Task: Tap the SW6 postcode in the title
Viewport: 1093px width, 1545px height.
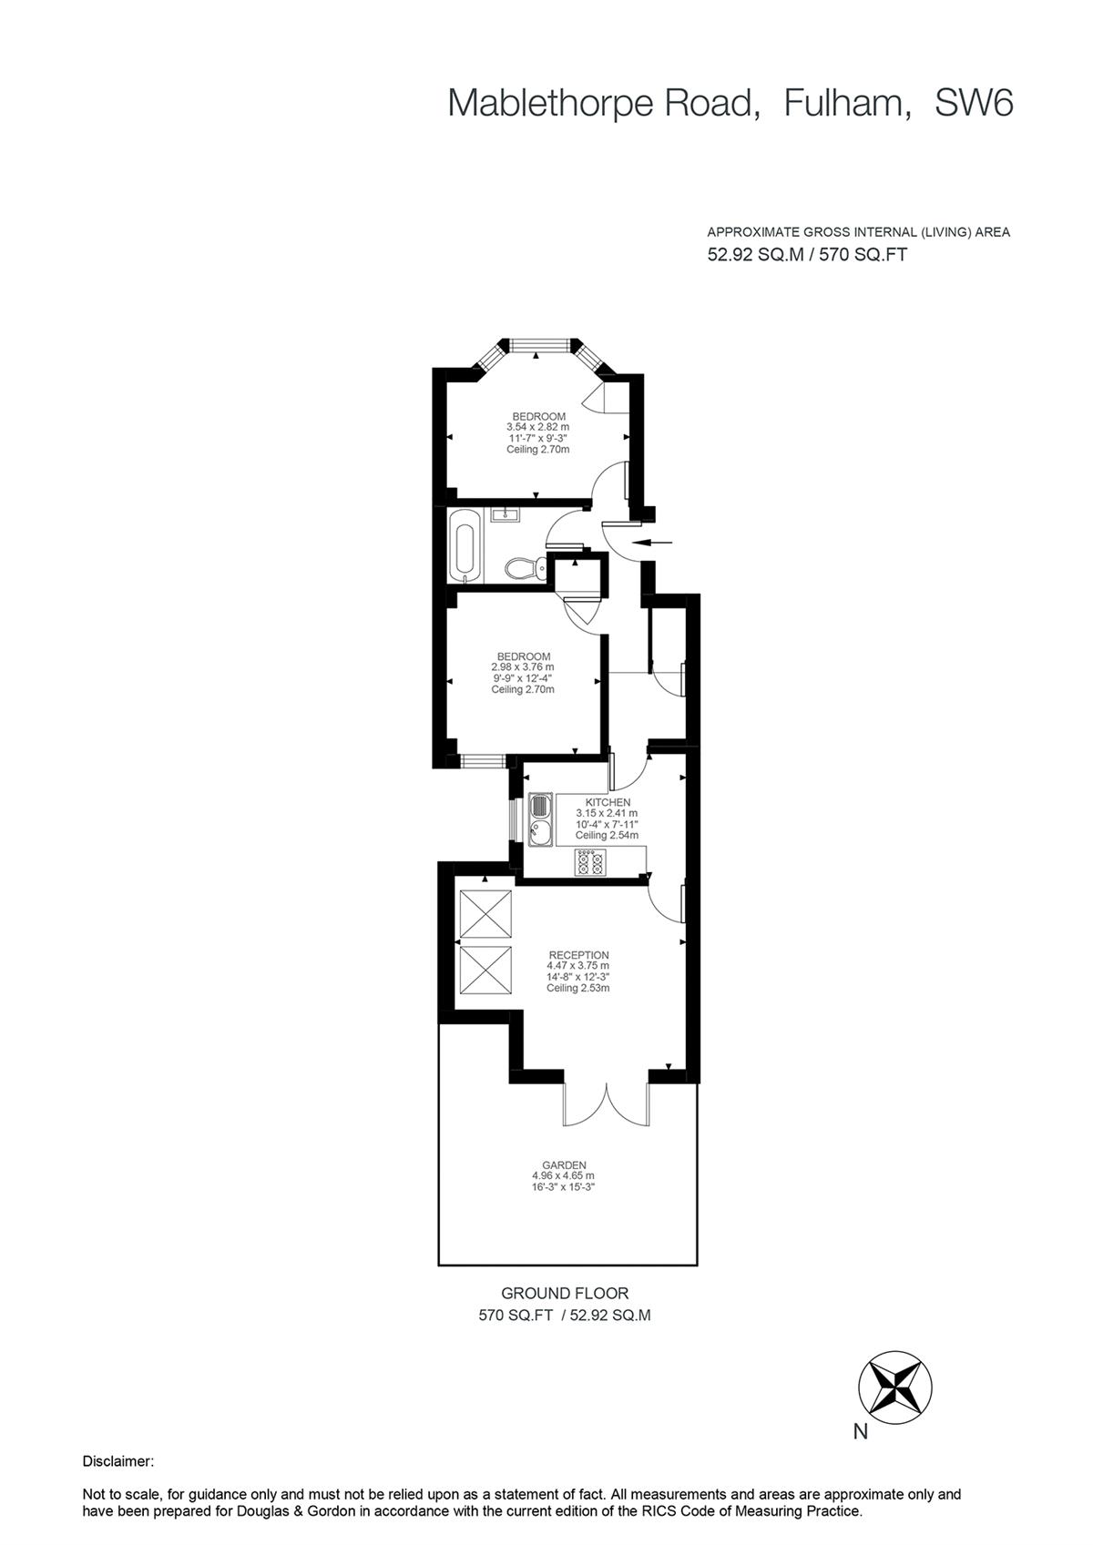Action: click(x=974, y=104)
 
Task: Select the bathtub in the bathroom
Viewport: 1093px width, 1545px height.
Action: click(x=464, y=544)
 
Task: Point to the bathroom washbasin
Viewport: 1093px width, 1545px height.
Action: click(x=504, y=515)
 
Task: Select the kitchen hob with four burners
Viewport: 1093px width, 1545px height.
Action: click(x=589, y=861)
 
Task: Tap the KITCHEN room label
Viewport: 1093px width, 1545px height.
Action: click(x=607, y=802)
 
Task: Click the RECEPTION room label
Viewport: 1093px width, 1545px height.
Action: click(x=578, y=955)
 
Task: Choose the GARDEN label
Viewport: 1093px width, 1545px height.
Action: click(x=564, y=1164)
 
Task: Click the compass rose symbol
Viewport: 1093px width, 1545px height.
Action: click(x=894, y=1387)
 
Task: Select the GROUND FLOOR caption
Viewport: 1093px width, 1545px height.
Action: click(x=565, y=1293)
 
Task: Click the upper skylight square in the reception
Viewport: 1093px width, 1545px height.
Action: click(x=485, y=913)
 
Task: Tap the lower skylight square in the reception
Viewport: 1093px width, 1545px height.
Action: click(x=485, y=971)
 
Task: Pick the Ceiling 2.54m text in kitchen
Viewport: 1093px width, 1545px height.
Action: click(x=607, y=835)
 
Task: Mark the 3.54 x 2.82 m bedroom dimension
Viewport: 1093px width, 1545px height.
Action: click(x=537, y=427)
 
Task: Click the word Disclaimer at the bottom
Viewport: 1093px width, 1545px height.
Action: click(x=118, y=1461)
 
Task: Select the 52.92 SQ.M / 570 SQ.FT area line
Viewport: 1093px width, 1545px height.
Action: click(x=807, y=255)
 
